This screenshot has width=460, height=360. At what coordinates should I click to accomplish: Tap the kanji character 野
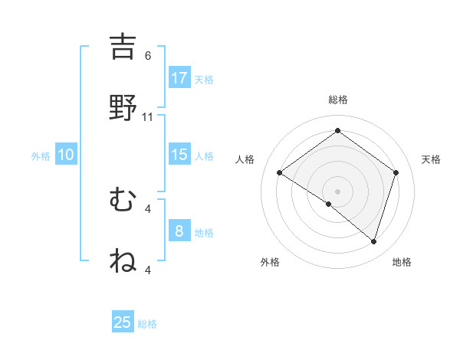[x=123, y=108]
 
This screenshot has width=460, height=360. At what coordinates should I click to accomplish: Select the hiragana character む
[x=123, y=200]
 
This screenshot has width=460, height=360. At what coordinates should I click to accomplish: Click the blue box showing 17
[x=179, y=78]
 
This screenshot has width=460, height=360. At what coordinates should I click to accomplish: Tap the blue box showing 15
[x=179, y=155]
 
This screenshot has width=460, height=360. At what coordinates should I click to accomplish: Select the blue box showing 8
[x=179, y=231]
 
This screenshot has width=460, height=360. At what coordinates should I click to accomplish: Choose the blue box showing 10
[x=66, y=155]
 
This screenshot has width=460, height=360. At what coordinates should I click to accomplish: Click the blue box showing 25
[x=123, y=322]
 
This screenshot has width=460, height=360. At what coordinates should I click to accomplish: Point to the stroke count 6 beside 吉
[x=148, y=56]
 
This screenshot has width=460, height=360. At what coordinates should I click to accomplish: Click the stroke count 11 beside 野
[x=148, y=117]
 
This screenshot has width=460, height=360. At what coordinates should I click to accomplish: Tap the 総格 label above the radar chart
[x=338, y=100]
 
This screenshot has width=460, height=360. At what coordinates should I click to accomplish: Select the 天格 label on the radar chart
[x=431, y=159]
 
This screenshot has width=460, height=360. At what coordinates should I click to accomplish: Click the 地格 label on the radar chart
[x=402, y=262]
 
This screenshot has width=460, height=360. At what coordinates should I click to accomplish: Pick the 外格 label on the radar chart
[x=269, y=262]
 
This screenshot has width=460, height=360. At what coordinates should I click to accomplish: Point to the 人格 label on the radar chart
[x=245, y=159]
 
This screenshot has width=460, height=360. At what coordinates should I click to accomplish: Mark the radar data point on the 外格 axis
[x=329, y=204]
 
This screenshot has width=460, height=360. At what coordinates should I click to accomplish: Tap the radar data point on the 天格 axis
[x=396, y=172]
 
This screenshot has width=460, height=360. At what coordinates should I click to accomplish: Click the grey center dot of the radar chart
[x=338, y=191]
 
